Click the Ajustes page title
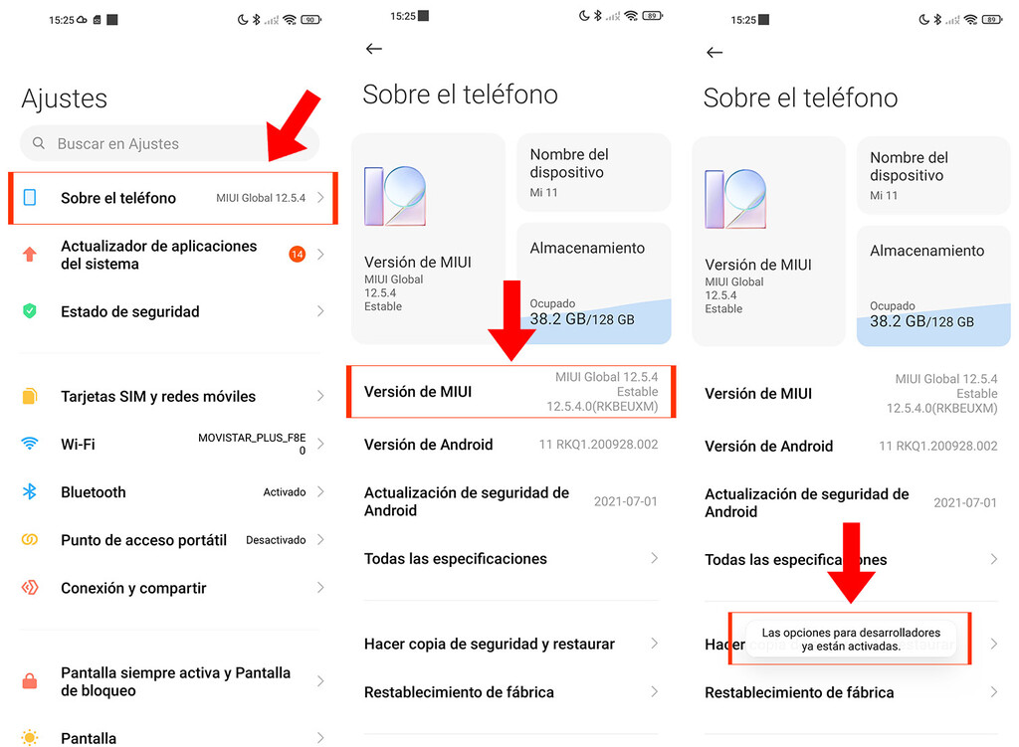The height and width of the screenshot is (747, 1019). click(64, 98)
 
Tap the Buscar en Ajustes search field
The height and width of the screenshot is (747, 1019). click(169, 143)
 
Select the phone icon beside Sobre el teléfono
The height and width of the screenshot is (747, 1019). click(30, 198)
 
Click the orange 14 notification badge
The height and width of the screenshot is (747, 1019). click(297, 255)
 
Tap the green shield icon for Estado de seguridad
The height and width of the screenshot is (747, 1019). click(30, 311)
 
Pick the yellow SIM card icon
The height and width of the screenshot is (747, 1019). click(30, 396)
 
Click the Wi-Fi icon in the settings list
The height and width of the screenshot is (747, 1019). click(30, 444)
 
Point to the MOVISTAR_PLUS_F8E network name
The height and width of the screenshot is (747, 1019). click(252, 438)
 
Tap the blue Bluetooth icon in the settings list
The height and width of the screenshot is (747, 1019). click(30, 491)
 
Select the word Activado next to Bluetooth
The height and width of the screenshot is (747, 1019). click(284, 492)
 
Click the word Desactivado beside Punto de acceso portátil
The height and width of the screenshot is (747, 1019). click(276, 540)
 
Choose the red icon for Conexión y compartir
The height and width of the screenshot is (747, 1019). click(30, 588)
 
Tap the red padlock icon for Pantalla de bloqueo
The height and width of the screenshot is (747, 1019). click(30, 681)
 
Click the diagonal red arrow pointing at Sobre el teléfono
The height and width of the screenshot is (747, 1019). click(294, 124)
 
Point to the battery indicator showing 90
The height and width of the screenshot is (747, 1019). click(310, 20)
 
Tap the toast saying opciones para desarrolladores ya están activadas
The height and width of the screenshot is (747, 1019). click(850, 639)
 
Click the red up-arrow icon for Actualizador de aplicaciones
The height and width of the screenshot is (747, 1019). click(30, 255)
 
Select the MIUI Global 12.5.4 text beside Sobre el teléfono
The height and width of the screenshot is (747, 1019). click(261, 198)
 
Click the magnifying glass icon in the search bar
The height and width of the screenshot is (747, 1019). click(39, 143)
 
